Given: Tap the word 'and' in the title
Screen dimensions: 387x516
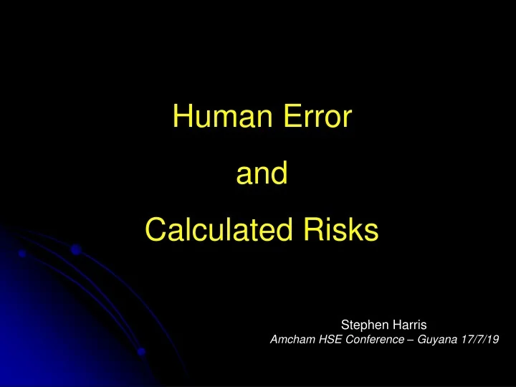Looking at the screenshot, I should (262, 173).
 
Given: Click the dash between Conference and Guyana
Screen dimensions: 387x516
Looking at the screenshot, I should (408, 341).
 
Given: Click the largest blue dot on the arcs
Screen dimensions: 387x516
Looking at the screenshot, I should (75, 250).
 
